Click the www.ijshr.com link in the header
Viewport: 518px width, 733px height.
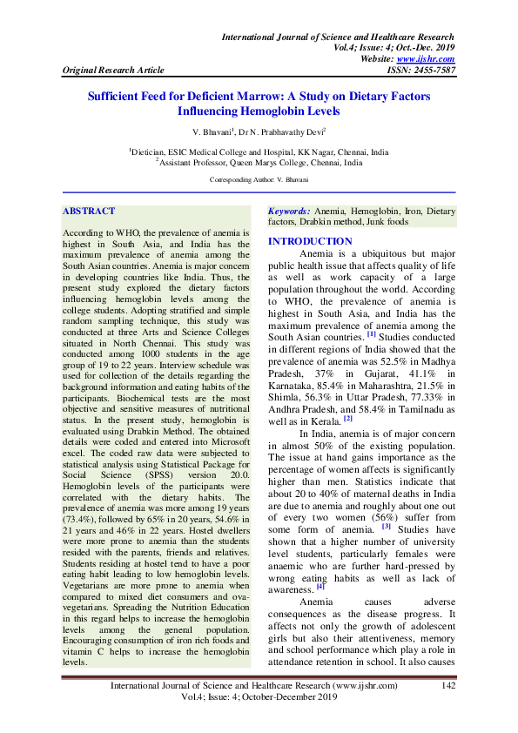431,58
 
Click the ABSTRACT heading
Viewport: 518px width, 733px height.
89,211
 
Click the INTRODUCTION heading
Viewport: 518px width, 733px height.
310,241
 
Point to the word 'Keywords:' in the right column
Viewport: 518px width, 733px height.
289,212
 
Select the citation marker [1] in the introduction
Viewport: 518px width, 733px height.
371,334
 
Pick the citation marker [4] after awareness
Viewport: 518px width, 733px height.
321,562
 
